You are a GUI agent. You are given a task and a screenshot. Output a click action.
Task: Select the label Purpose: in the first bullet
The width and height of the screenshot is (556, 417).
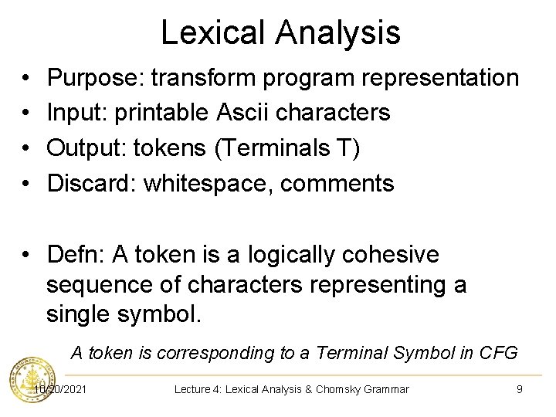click(x=95, y=78)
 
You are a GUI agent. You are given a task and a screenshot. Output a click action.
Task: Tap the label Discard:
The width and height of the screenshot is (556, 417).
click(x=92, y=184)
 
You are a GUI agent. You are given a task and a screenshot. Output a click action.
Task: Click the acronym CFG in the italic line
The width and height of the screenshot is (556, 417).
click(x=500, y=354)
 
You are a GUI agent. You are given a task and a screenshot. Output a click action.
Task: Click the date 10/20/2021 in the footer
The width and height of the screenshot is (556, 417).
click(x=60, y=389)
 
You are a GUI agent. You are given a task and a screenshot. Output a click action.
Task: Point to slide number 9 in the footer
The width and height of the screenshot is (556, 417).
click(x=519, y=389)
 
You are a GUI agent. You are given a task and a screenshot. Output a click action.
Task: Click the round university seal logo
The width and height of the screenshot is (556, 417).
click(x=25, y=380)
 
